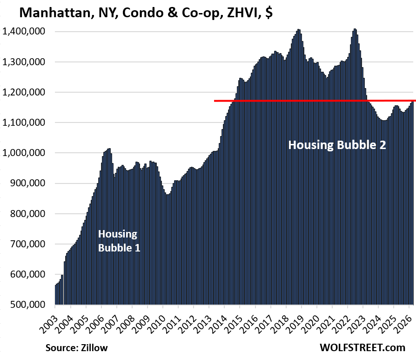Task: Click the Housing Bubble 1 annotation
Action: [x=118, y=241]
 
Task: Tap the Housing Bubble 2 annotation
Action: [x=337, y=145]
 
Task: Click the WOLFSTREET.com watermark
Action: [x=363, y=348]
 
